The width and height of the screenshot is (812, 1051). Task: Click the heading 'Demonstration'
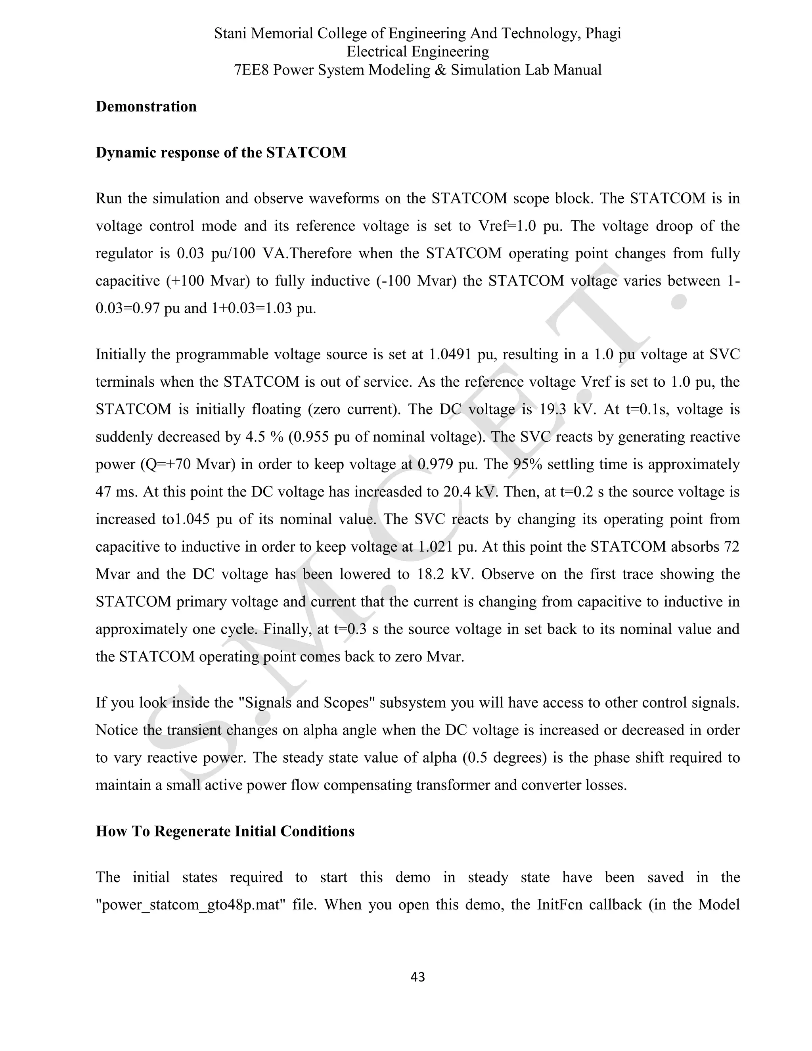tap(146, 106)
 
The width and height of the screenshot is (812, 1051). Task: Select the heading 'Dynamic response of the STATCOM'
tap(221, 153)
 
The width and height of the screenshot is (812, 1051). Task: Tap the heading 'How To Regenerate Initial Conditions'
tap(225, 831)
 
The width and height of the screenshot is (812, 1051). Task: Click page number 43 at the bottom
tap(417, 977)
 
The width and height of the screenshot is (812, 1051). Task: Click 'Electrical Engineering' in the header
tap(417, 52)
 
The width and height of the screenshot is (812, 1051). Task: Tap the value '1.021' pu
tap(436, 547)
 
